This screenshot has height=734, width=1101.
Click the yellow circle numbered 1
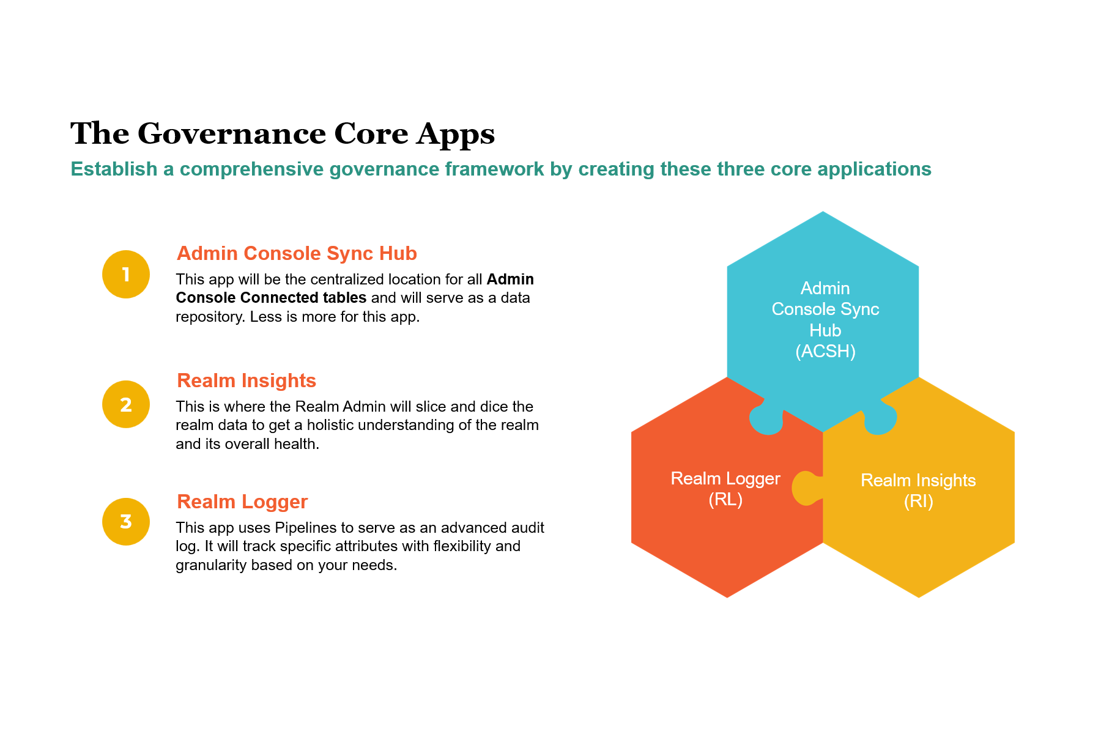pos(126,274)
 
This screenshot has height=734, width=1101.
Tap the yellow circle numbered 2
pos(126,404)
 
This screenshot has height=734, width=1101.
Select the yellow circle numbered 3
pos(126,521)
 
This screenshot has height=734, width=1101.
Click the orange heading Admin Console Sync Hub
pos(297,253)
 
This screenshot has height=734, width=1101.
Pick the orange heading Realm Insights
pos(247,380)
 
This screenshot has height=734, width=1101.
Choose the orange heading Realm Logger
pos(242,502)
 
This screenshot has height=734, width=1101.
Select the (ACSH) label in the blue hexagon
pos(825,351)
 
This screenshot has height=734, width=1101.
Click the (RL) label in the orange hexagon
pos(725,500)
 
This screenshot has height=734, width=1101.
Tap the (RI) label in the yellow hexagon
pos(918,502)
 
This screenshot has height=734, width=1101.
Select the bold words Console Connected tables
pos(271,298)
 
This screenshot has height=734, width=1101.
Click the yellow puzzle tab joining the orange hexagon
pos(806,488)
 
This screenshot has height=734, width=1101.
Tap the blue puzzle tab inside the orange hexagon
pos(766,420)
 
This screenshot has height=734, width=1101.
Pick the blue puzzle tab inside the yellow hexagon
pos(880,420)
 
